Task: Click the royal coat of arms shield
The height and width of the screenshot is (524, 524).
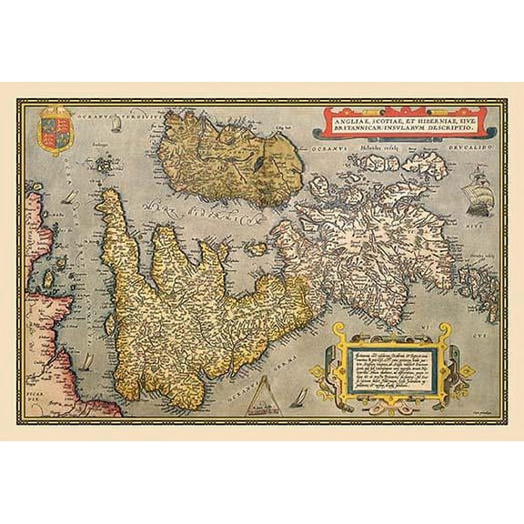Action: point(53,130)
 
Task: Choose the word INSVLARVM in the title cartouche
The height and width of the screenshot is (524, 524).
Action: point(408,126)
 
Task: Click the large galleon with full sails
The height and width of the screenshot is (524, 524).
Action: point(479,201)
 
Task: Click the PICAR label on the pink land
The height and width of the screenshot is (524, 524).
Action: point(36,335)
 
